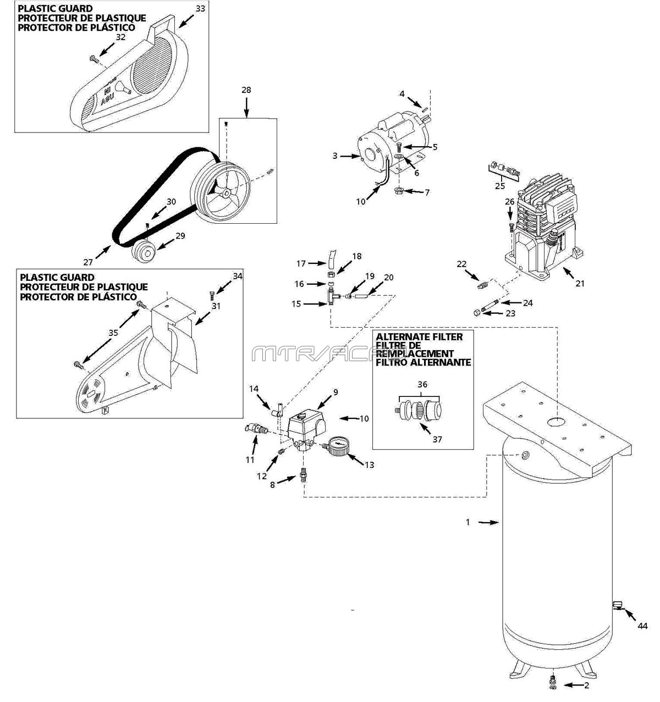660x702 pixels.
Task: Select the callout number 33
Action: [200, 8]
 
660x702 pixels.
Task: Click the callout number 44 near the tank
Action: [642, 626]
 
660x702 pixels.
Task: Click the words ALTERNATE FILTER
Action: [419, 336]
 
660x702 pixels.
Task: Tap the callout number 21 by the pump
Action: [580, 284]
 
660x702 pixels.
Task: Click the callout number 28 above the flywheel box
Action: [246, 89]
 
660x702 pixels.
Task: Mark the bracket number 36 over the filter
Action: [422, 385]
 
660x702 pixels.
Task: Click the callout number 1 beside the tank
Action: [468, 522]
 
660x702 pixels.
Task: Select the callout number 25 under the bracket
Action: [500, 186]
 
